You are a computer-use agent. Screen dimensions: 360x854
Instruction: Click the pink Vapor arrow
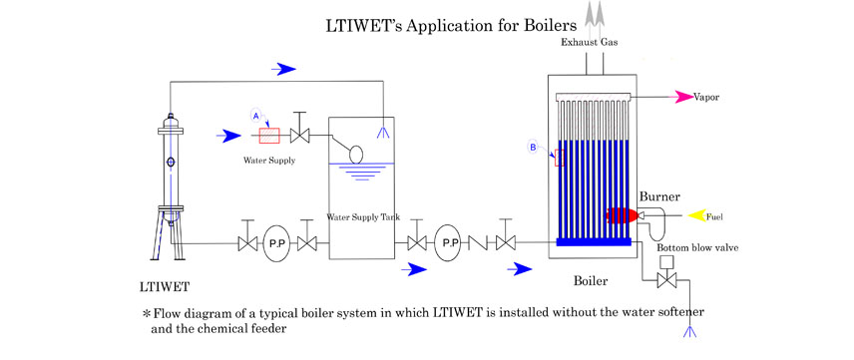coord(689,97)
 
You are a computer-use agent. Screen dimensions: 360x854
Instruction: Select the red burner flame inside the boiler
coord(619,214)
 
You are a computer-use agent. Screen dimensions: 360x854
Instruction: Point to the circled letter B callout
coord(534,148)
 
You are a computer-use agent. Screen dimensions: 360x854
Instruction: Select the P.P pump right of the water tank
coord(450,243)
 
